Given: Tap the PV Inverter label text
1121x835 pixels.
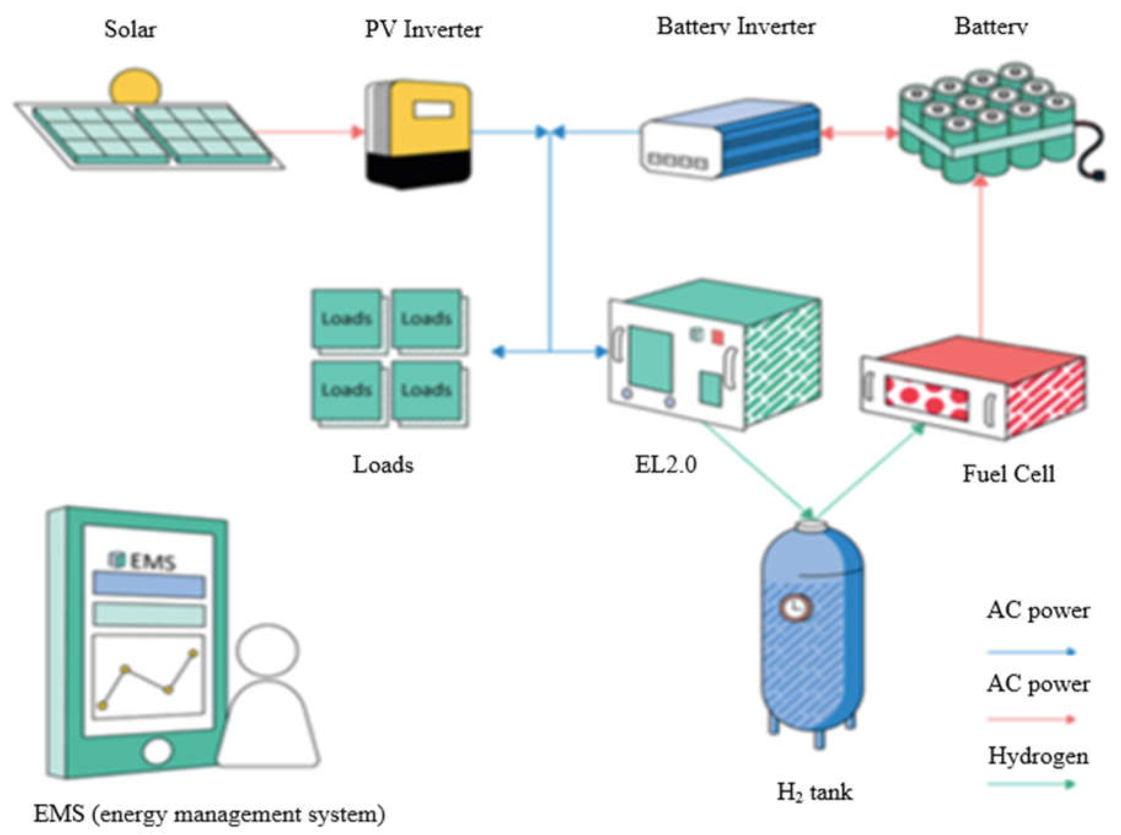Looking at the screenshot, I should [423, 29].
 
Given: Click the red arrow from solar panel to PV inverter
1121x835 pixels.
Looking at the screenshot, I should [308, 132].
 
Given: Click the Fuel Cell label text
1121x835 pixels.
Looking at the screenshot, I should [1008, 474].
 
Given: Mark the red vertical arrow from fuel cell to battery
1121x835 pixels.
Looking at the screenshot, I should [982, 258].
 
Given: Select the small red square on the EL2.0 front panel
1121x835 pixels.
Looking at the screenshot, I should [717, 336].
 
